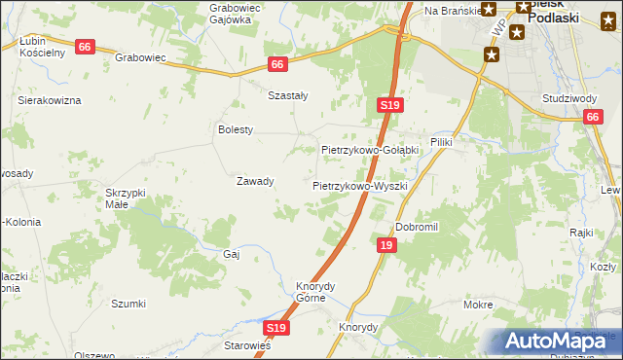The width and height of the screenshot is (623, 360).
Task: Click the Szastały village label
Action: pyautogui.click(x=288, y=95)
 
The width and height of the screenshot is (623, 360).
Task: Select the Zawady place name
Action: pyautogui.click(x=255, y=181)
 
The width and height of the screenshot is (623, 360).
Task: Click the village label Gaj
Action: pyautogui.click(x=232, y=253)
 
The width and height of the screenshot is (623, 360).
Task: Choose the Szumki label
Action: pyautogui.click(x=128, y=304)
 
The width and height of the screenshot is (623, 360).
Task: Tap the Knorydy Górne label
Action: pyautogui.click(x=315, y=292)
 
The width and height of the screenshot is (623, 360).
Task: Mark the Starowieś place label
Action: pyautogui.click(x=247, y=345)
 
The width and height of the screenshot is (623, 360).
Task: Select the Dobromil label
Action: pyautogui.click(x=418, y=227)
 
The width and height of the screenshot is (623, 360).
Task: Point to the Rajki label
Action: pyautogui.click(x=582, y=233)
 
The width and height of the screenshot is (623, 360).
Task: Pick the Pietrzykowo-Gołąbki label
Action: pyautogui.click(x=370, y=150)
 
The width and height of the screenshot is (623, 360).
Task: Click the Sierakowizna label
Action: pyautogui.click(x=50, y=100)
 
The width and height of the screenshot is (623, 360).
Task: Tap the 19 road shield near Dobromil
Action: pyautogui.click(x=386, y=247)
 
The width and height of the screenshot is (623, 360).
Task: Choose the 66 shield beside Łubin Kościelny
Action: pyautogui.click(x=85, y=47)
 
